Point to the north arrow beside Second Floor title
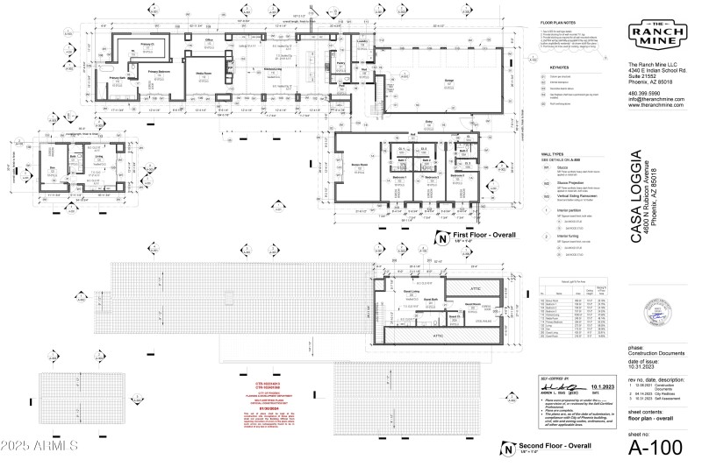505,449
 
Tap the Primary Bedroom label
158,74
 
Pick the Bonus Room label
359,165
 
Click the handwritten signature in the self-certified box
555,386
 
